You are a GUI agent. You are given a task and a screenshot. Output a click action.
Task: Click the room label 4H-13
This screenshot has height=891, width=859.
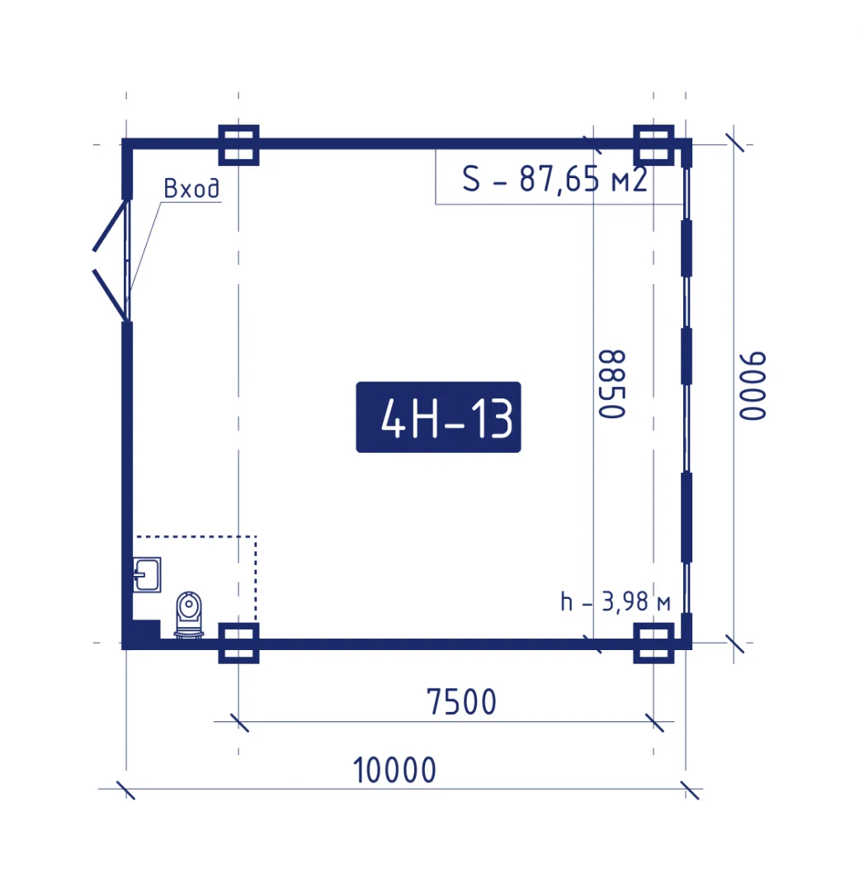pyautogui.click(x=438, y=417)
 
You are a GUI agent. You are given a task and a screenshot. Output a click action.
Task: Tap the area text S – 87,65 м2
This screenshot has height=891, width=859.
pyautogui.click(x=555, y=178)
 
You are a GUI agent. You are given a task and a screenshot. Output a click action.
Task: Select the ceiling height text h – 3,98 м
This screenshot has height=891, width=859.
pyautogui.click(x=615, y=601)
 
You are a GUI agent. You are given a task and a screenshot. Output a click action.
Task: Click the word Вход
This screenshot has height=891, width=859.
pyautogui.click(x=191, y=188)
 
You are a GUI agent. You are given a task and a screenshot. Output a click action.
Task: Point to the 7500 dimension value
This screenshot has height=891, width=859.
pyautogui.click(x=461, y=702)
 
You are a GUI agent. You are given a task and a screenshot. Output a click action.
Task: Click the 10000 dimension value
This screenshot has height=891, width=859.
pyautogui.click(x=394, y=771)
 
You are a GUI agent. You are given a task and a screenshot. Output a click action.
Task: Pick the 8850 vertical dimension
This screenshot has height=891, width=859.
pyautogui.click(x=612, y=384)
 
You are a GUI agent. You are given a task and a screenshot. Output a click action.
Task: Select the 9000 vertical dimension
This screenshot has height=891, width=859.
pyautogui.click(x=753, y=386)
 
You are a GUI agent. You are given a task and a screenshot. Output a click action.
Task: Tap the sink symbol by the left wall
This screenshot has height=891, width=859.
pyautogui.click(x=147, y=574)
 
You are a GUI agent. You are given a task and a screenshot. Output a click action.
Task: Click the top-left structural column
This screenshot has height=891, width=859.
pyautogui.click(x=238, y=145)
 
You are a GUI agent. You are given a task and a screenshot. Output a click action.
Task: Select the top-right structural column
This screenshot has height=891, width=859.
pyautogui.click(x=654, y=145)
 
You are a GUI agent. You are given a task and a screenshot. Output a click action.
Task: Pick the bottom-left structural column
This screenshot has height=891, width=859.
pyautogui.click(x=238, y=643)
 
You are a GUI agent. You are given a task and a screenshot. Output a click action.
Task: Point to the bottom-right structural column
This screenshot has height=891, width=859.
pyautogui.click(x=654, y=643)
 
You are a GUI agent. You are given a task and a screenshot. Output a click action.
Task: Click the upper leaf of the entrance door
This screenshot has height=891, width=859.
pyautogui.click(x=110, y=225)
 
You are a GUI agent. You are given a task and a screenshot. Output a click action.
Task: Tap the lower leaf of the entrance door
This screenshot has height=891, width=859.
pyautogui.click(x=110, y=295)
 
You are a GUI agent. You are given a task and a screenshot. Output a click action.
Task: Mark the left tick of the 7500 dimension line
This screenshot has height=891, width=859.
pyautogui.click(x=239, y=723)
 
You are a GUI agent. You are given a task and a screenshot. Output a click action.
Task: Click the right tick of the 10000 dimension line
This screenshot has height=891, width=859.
pyautogui.click(x=690, y=790)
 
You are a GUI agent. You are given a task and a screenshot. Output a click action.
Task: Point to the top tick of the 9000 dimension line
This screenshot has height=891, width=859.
pyautogui.click(x=734, y=143)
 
